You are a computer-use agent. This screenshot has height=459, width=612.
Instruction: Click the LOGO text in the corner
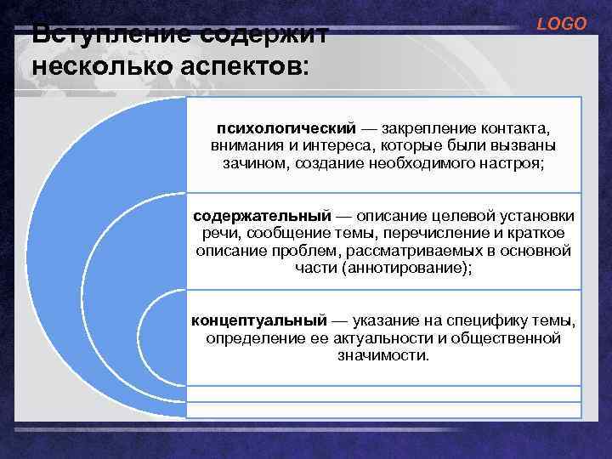point(562,24)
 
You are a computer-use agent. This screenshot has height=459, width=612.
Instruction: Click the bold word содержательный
point(258,216)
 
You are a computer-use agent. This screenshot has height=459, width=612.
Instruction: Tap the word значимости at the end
point(383,354)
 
